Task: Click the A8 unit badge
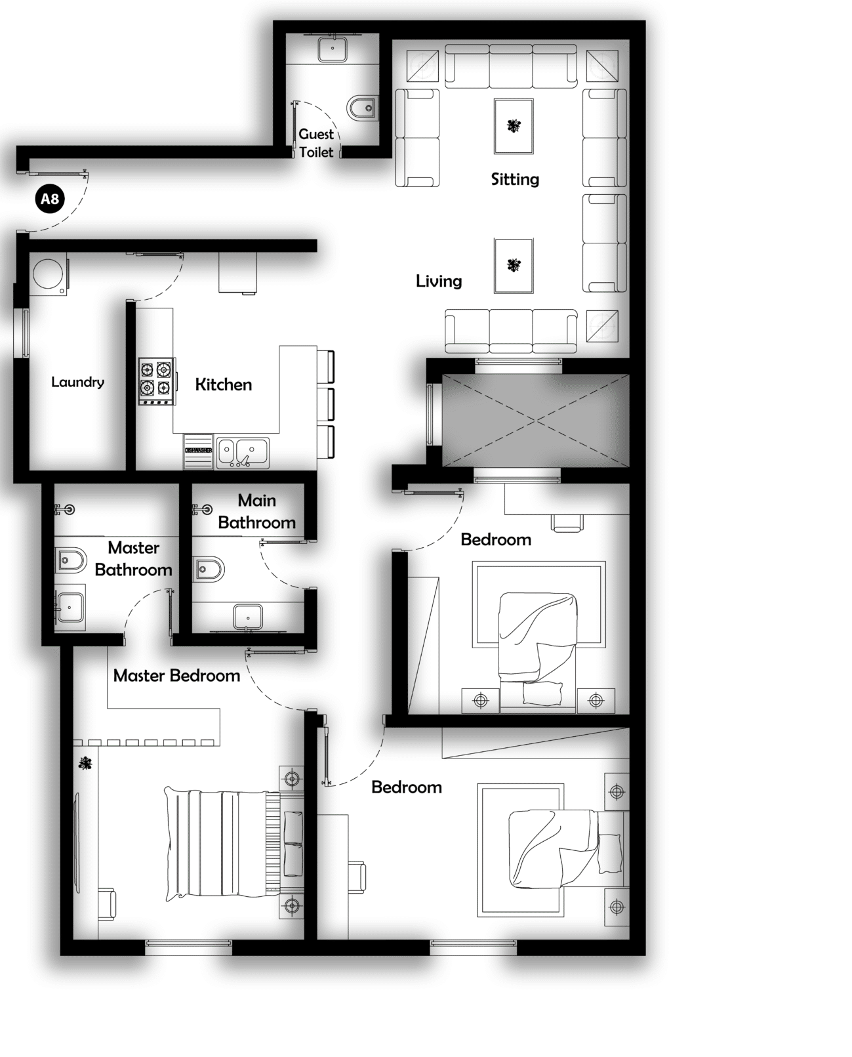tap(50, 199)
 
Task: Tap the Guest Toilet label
tap(316, 143)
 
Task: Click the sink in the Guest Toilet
tap(333, 49)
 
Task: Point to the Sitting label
tap(515, 179)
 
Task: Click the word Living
tap(439, 281)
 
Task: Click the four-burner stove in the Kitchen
tap(156, 381)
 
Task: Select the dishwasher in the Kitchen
tap(198, 451)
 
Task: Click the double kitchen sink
tap(243, 453)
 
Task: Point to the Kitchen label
tap(224, 384)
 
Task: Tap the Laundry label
tap(77, 382)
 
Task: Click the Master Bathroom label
tap(134, 558)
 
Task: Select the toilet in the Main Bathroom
tap(208, 570)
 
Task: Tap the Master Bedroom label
tap(177, 676)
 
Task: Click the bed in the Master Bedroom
tap(234, 844)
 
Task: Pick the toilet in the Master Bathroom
tap(70, 559)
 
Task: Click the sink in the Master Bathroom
tap(70, 608)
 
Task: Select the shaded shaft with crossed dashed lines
tap(536, 421)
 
